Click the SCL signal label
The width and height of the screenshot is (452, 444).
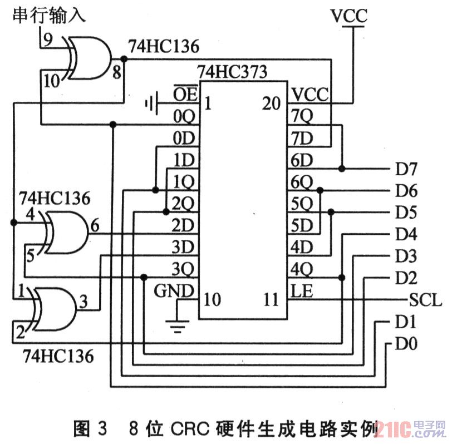pyautogui.click(x=425, y=301)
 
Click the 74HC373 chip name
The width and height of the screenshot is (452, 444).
pyautogui.click(x=232, y=72)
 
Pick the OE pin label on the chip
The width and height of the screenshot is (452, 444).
pyautogui.click(x=184, y=94)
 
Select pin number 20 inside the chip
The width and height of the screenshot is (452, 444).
pyautogui.click(x=272, y=104)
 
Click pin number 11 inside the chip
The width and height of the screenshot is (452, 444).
pyautogui.click(x=272, y=300)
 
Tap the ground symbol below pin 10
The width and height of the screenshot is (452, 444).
pyautogui.click(x=178, y=325)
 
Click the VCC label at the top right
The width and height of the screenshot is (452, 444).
pyautogui.click(x=348, y=16)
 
